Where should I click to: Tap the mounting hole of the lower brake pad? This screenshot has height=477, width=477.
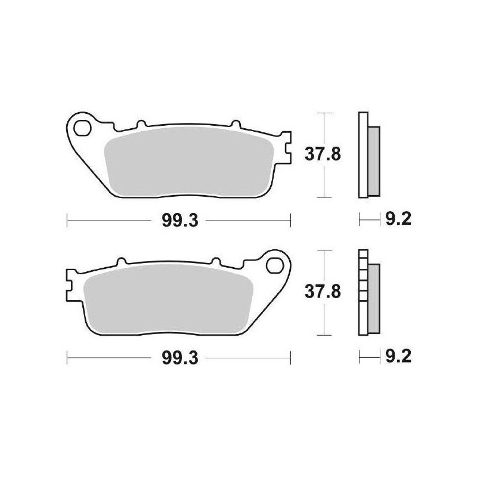276,263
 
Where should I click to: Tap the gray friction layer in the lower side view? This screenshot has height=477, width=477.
373,298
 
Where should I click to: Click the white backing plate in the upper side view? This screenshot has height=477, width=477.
362,154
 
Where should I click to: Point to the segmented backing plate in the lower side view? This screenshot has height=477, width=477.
362,292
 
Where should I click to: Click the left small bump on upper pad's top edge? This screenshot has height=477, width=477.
141,125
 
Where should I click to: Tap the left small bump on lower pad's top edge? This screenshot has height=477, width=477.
121,261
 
